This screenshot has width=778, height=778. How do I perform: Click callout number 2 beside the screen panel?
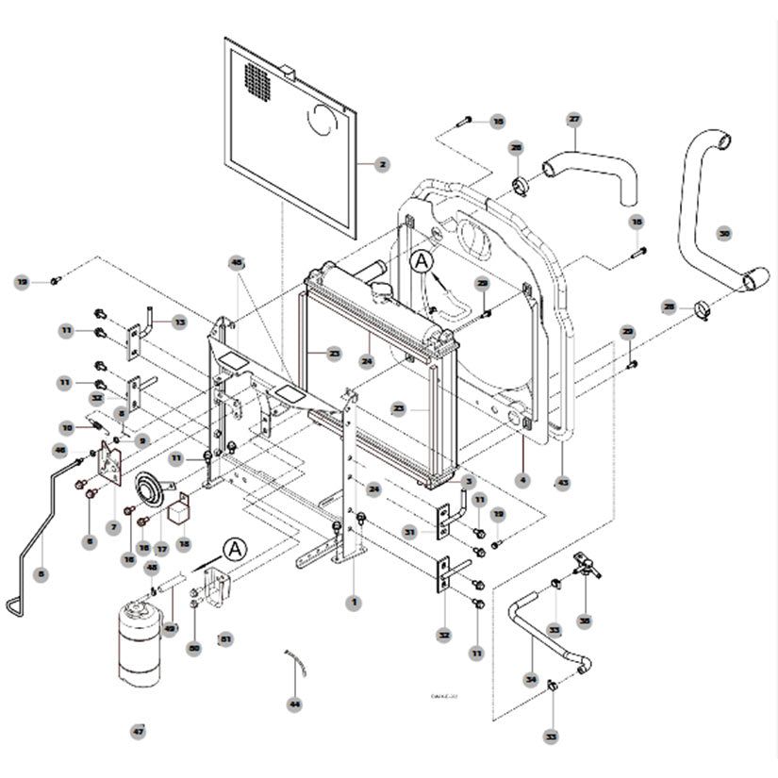(382, 165)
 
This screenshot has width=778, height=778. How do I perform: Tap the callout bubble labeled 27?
(573, 119)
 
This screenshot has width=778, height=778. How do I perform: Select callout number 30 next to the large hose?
(724, 232)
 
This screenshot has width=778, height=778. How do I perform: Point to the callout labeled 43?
(563, 483)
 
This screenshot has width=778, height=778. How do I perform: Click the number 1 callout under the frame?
(355, 600)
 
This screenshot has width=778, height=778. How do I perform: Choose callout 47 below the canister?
(139, 731)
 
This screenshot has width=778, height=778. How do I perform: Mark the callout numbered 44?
(294, 704)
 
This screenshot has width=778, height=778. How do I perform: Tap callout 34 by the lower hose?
(531, 678)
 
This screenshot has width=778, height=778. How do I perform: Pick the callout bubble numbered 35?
(585, 621)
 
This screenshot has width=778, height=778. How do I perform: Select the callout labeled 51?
(224, 638)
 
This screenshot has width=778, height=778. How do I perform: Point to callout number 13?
(179, 322)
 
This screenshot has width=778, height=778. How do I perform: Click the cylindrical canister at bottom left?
(139, 644)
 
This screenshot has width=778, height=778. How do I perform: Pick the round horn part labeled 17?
(149, 488)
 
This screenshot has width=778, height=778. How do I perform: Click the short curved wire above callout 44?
(297, 662)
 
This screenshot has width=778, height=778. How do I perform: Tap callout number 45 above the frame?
(237, 263)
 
